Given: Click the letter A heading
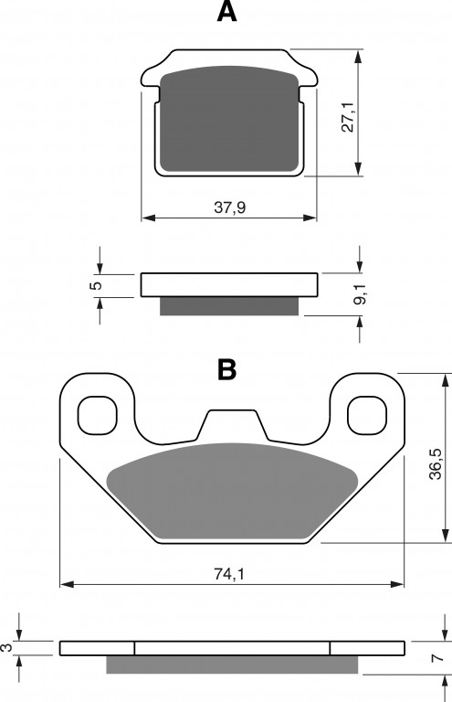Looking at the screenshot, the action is coord(226,12).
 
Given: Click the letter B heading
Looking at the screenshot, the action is coord(226,370).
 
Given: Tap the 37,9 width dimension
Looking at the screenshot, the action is coord(230,207).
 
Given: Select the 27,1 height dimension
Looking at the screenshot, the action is coord(347,117).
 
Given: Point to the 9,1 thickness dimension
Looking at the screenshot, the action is coord(360,294).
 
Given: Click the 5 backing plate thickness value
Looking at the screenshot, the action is coord(97,285).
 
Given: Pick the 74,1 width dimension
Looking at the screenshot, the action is coord(229,574).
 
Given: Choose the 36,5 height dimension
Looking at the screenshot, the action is coord(435,463).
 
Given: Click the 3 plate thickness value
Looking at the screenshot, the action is coord(6,647).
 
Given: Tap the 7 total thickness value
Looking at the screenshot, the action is coord(438,658).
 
